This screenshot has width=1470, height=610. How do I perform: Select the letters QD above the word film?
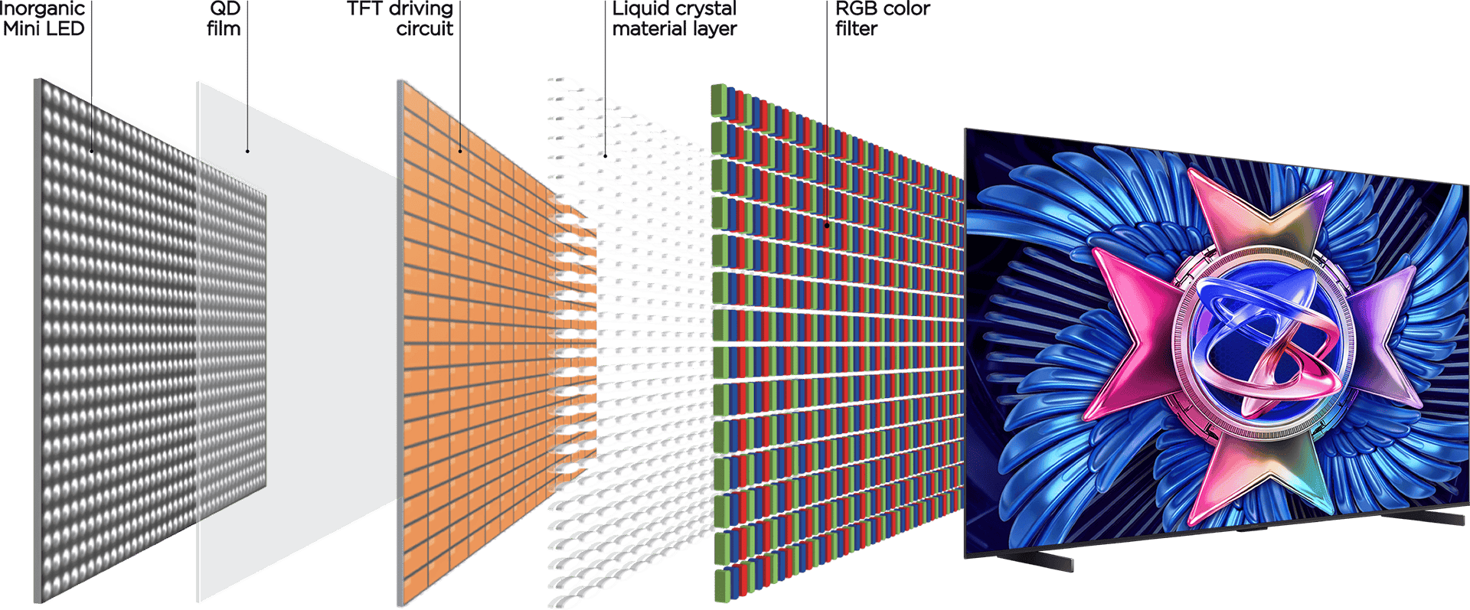[225, 8]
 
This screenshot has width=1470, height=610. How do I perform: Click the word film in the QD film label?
[224, 29]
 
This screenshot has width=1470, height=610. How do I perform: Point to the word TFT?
[365, 8]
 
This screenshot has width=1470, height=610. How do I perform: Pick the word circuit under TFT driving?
[425, 29]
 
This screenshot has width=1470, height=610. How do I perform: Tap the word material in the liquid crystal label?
[647, 29]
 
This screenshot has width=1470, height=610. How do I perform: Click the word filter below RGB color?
[856, 29]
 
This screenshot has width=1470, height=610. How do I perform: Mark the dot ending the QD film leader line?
[247, 151]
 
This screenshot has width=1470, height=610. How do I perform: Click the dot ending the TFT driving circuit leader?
[460, 151]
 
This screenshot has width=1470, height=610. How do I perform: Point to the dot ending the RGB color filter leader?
[827, 225]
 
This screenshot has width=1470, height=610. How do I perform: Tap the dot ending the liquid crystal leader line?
[605, 155]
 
